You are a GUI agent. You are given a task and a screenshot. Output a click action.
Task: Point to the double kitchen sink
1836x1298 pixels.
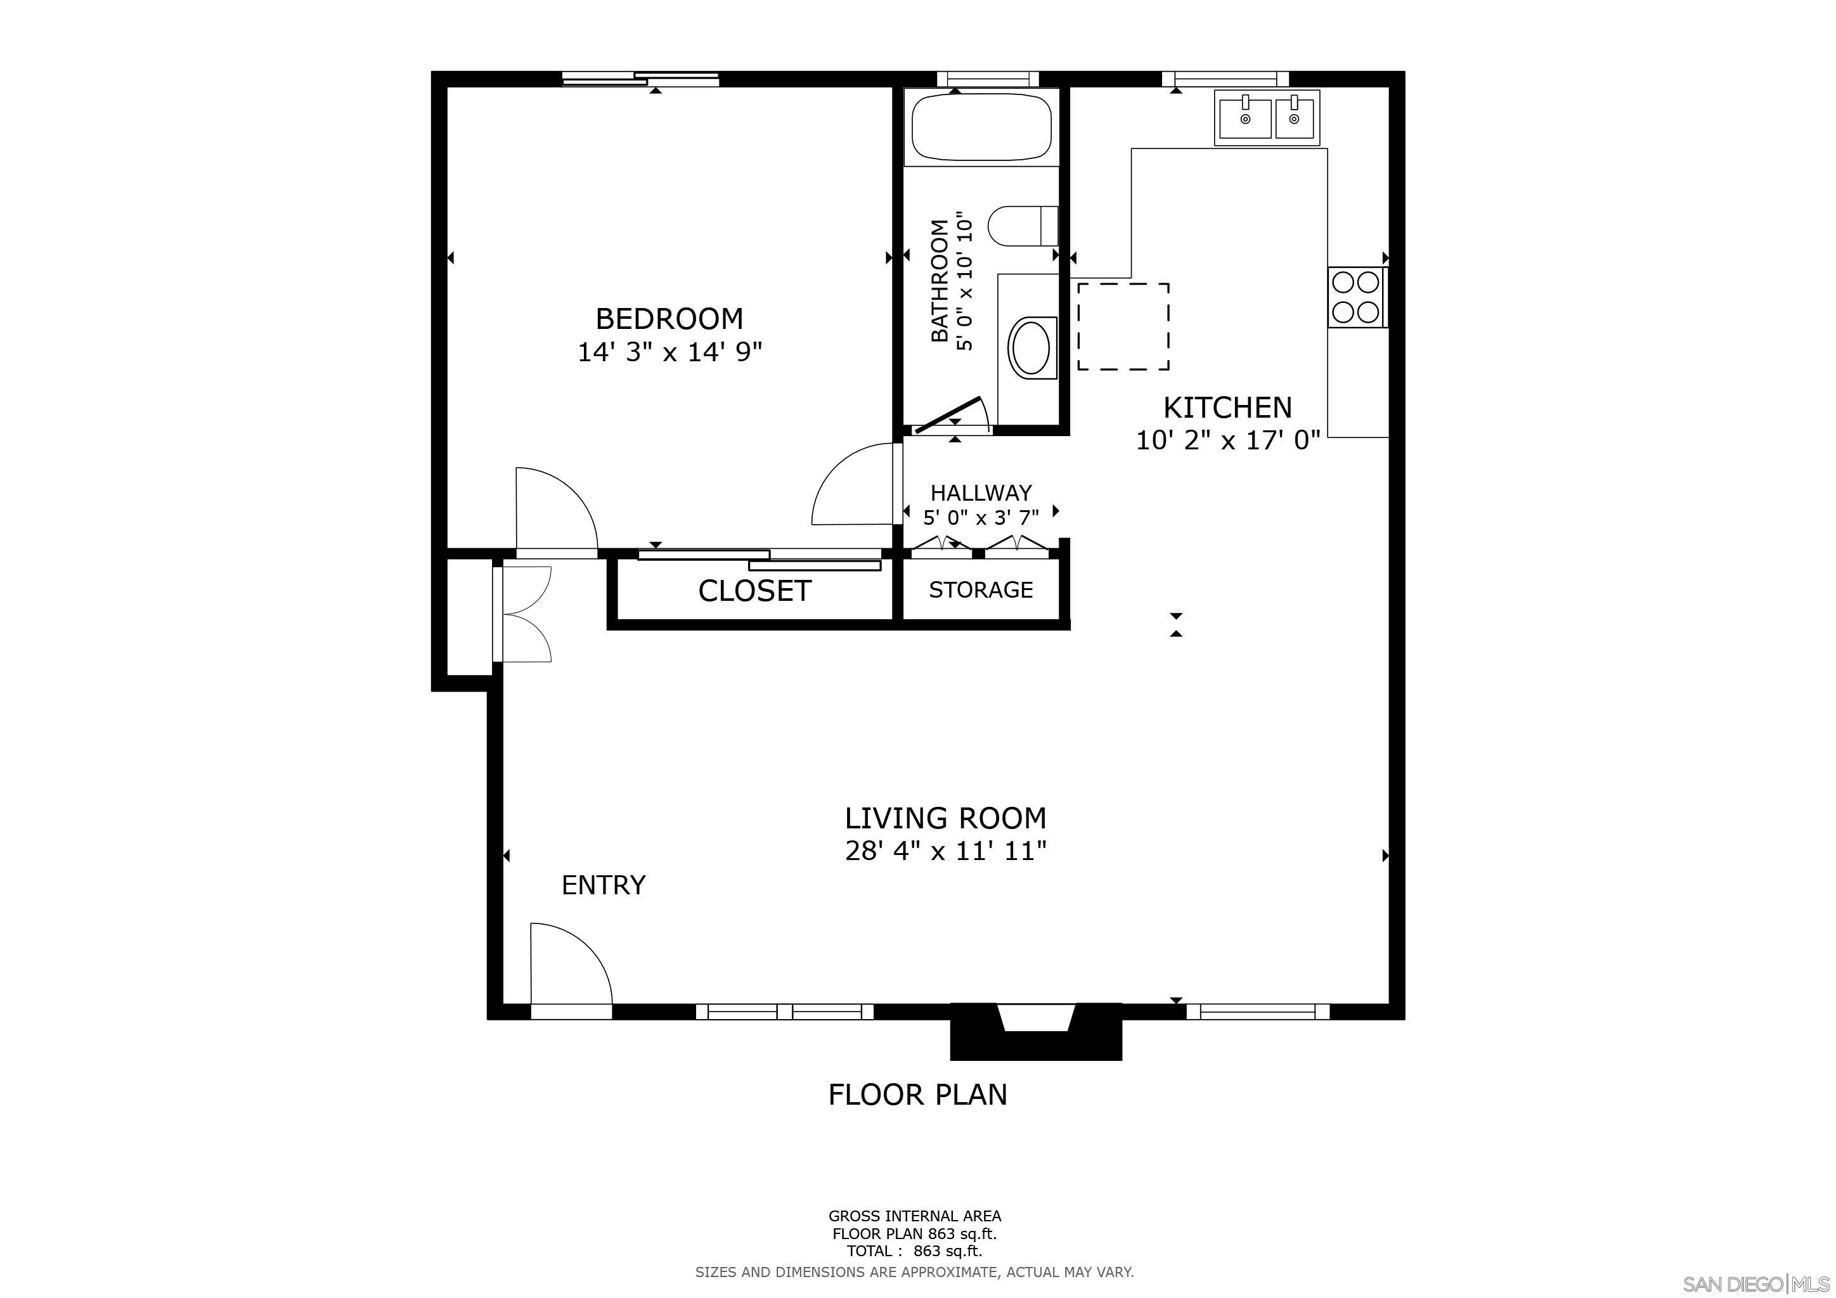(x=1267, y=119)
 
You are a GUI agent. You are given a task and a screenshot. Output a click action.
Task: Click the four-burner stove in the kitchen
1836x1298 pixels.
(x=1356, y=297)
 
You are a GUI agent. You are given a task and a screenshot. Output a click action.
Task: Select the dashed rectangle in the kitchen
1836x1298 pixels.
(x=1123, y=326)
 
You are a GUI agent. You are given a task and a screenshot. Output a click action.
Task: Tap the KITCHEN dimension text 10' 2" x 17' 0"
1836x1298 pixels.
(x=1227, y=440)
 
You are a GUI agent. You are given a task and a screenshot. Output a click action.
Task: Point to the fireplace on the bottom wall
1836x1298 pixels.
(x=1035, y=1032)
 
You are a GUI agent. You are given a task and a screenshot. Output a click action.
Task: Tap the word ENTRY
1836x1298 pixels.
(x=603, y=885)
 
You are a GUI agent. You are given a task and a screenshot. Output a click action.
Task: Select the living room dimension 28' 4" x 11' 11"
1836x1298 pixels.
(x=945, y=851)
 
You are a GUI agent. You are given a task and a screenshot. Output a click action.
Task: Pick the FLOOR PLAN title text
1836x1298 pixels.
(x=917, y=1094)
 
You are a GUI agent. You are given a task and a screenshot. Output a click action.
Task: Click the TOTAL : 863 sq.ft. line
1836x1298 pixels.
(x=914, y=1251)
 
